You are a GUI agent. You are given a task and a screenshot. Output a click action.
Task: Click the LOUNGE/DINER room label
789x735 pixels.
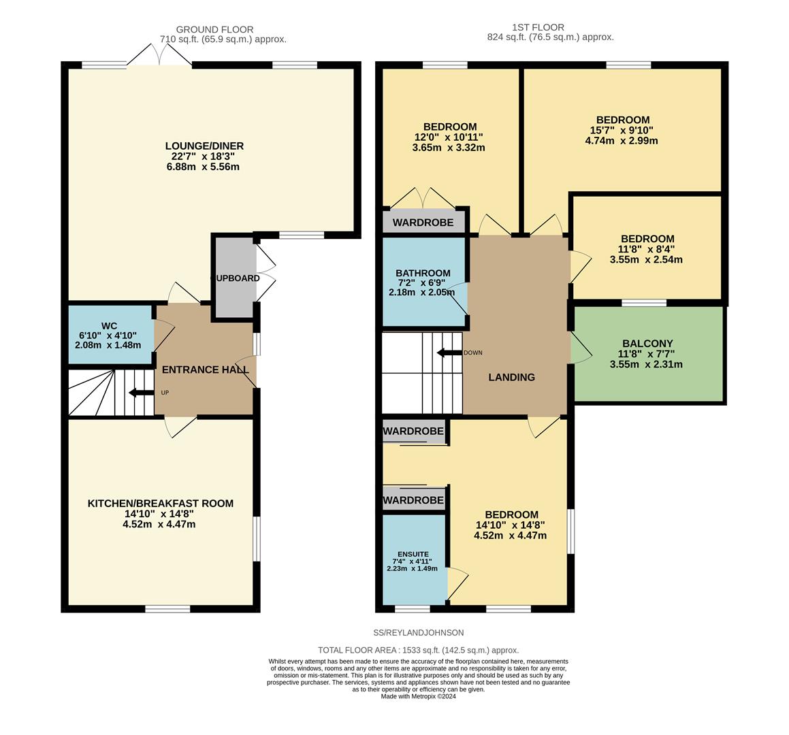click(x=204, y=146)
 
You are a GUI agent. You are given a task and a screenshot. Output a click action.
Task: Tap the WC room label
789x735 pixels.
click(x=109, y=326)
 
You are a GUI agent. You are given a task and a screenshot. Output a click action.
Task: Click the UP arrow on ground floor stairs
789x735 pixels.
click(x=142, y=393)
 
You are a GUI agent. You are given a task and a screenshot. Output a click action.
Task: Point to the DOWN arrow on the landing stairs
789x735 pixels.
click(x=449, y=353)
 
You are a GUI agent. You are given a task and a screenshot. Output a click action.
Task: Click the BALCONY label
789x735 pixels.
click(x=647, y=344)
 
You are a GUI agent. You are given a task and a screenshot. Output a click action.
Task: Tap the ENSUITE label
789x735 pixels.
click(x=413, y=554)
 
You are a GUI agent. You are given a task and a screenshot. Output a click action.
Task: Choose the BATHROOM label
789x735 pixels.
click(x=423, y=273)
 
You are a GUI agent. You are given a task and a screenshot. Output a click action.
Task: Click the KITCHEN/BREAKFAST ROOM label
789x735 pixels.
click(x=161, y=503)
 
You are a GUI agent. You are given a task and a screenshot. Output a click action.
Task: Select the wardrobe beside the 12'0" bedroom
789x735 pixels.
click(x=423, y=223)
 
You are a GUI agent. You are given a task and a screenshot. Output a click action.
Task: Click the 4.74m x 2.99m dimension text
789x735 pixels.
click(x=622, y=141)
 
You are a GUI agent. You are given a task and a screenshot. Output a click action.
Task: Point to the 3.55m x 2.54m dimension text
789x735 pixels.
click(x=646, y=259)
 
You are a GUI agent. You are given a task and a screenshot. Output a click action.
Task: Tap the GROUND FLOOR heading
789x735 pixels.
click(x=215, y=30)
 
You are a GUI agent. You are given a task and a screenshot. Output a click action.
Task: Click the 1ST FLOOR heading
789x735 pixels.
click(x=538, y=27)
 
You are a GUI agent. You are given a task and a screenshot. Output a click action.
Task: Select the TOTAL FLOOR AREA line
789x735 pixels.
click(x=418, y=650)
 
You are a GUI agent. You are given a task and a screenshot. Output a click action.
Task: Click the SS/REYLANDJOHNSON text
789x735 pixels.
click(x=419, y=632)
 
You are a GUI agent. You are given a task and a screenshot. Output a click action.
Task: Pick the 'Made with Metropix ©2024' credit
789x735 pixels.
click(x=419, y=696)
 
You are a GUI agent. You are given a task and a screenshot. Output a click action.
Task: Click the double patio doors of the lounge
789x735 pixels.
click(x=159, y=54)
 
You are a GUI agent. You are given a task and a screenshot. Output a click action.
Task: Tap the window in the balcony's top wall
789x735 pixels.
click(x=644, y=302)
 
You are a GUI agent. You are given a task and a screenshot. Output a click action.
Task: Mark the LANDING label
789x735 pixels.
click(x=512, y=377)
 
